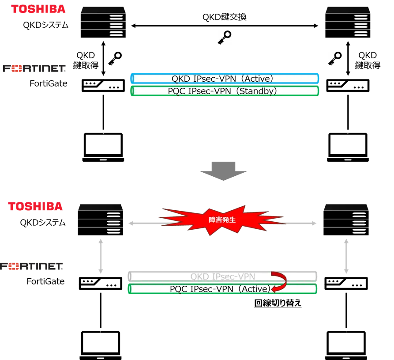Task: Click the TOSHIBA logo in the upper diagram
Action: (39, 9)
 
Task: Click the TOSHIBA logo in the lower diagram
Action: (35, 206)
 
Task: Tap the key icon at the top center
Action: (224, 38)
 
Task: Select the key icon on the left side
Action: (115, 58)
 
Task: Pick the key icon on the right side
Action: (333, 58)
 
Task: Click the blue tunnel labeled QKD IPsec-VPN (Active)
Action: (225, 79)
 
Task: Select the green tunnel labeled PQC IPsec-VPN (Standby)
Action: (225, 91)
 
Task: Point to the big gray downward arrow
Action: (223, 170)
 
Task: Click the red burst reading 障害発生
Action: (222, 219)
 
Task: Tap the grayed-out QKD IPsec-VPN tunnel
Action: (222, 277)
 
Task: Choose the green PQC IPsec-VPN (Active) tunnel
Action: (222, 289)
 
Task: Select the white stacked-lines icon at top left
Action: (116, 27)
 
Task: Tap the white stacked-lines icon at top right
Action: (360, 27)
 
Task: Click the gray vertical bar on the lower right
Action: (346, 256)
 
